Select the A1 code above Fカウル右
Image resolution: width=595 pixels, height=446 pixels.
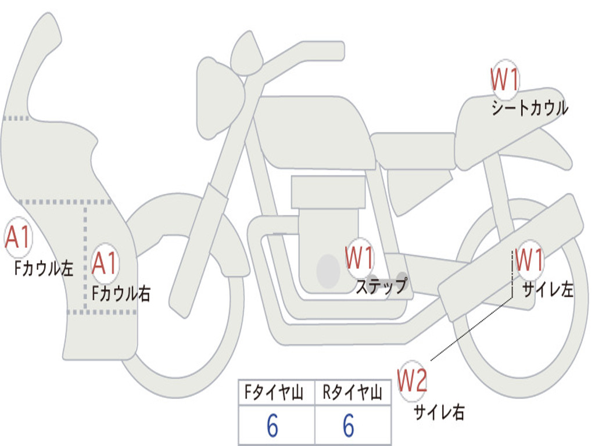tap(105, 264)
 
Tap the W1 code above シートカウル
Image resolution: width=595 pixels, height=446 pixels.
tap(504, 81)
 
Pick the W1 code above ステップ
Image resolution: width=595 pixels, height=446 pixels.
tap(360, 258)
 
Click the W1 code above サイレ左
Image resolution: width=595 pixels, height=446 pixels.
tap(529, 260)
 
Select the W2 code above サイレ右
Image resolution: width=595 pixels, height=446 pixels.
tap(412, 381)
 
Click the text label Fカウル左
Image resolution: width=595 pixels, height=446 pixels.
tap(44, 268)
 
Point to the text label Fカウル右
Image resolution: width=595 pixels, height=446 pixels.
tap(121, 293)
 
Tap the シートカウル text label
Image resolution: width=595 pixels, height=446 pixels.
tap(529, 109)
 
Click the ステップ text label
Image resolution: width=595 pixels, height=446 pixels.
tap(381, 286)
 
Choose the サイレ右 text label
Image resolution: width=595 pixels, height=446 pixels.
tap(439, 412)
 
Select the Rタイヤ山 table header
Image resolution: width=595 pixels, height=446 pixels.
tap(352, 394)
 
